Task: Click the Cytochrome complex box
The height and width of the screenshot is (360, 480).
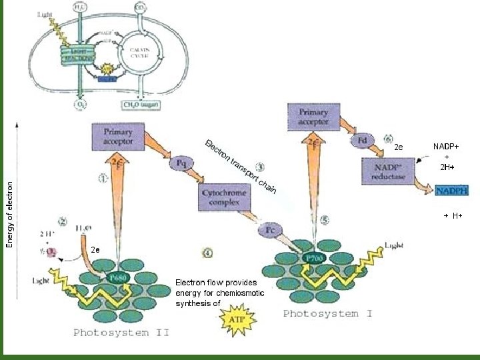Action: point(224,197)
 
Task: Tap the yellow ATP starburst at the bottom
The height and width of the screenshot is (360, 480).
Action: point(237,320)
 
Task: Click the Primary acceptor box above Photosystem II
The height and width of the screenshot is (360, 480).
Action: point(119,137)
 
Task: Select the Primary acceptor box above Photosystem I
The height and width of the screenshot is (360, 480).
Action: point(313,117)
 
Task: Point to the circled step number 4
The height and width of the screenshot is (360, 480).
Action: point(208,253)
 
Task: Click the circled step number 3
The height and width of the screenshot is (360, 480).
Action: point(261,167)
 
